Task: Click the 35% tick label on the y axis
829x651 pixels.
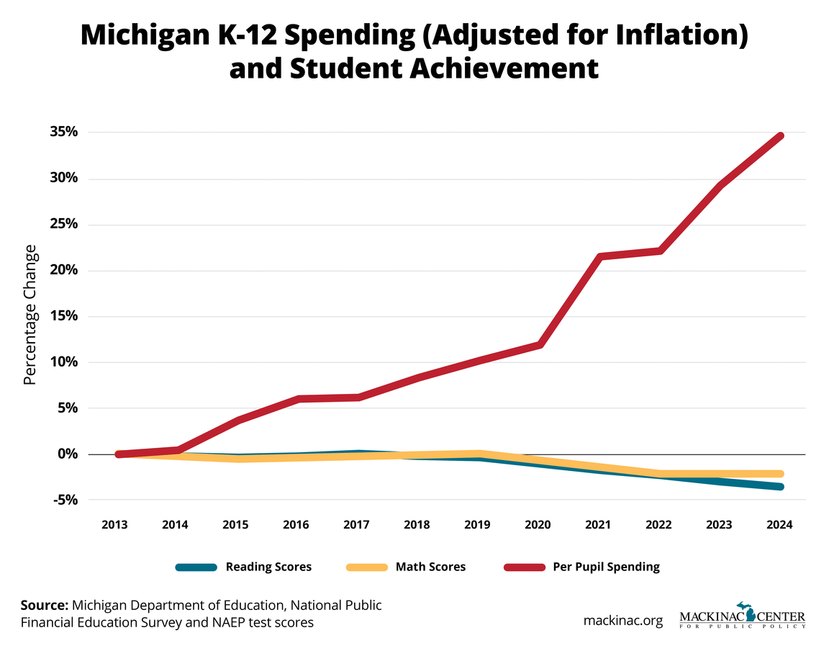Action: tap(63, 133)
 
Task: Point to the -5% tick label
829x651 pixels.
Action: tap(65, 500)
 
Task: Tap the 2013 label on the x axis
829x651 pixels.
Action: tap(115, 525)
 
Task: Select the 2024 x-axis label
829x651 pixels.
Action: tap(779, 525)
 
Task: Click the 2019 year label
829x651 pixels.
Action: tap(477, 525)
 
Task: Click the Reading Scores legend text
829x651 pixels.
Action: tap(268, 567)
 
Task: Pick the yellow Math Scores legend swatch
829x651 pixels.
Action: tap(366, 567)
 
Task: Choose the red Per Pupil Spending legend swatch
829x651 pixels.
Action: tap(524, 567)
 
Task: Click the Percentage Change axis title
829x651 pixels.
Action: tap(30, 315)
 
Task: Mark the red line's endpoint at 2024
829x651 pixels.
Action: tap(779, 136)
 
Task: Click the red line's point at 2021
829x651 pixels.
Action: tap(599, 257)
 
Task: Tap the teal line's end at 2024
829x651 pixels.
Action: tap(779, 487)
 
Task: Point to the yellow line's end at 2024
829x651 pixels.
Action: tap(779, 474)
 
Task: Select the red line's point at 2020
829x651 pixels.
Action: tap(539, 345)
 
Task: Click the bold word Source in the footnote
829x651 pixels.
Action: tap(45, 605)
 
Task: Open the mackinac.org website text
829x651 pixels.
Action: tap(622, 620)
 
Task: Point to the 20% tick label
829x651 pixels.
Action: tap(63, 270)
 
